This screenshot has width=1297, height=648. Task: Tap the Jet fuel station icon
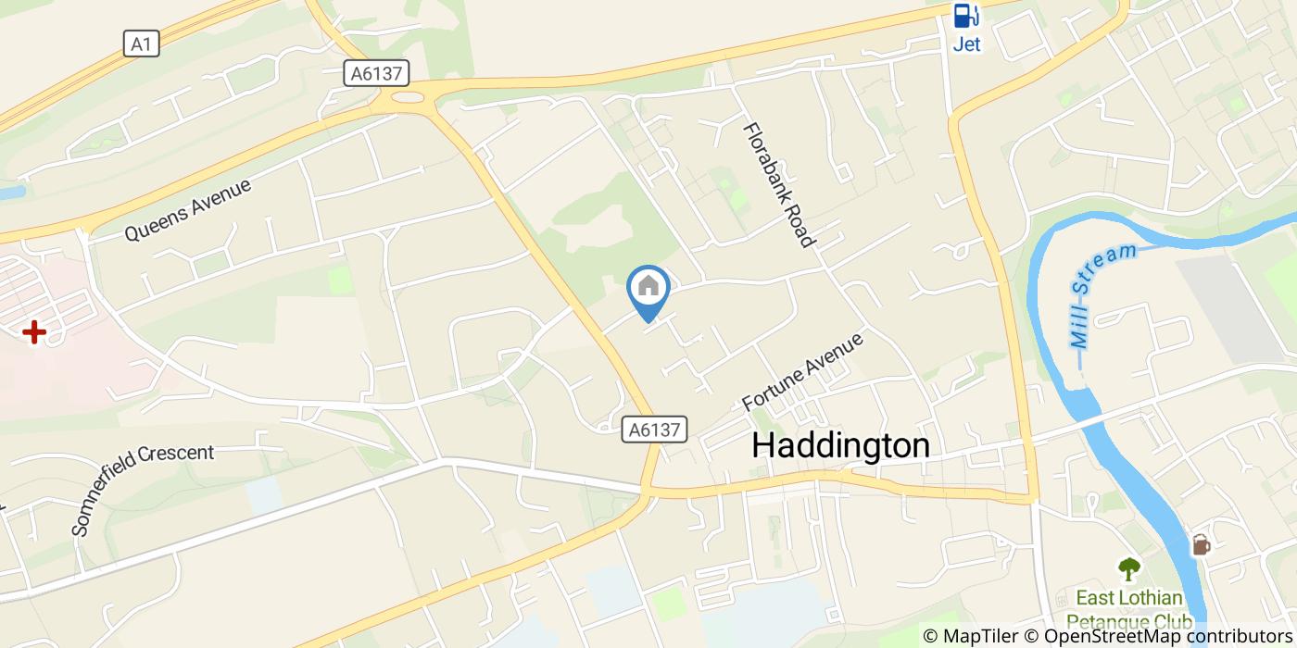(x=966, y=16)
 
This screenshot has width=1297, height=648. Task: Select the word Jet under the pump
(x=966, y=44)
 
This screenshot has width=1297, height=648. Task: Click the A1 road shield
(x=141, y=43)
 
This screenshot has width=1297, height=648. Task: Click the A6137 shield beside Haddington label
(x=655, y=429)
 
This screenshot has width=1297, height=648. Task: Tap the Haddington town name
(x=840, y=445)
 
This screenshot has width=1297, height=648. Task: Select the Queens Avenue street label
(x=188, y=210)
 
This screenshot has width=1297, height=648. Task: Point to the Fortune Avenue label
(x=802, y=371)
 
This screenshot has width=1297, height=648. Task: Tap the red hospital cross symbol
(x=34, y=331)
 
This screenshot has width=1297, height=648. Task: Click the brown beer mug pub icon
(x=1201, y=544)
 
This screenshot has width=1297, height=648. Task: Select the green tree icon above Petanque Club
(x=1128, y=567)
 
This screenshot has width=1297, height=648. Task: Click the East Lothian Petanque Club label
(x=1128, y=608)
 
